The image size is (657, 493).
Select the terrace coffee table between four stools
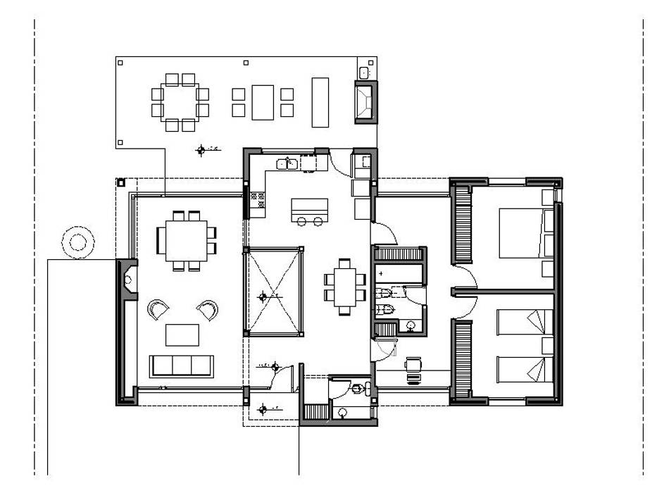(x=263, y=102)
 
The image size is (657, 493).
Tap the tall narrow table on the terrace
(x=320, y=102)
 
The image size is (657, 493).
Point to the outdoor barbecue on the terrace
(x=365, y=101)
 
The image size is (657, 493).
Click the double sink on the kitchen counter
(x=286, y=164)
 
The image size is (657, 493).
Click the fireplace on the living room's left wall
(x=127, y=280)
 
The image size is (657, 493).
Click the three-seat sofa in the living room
(x=181, y=366)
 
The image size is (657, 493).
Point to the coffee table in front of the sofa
(x=182, y=334)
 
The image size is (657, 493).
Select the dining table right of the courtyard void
(x=345, y=285)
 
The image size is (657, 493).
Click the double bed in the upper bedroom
(x=523, y=233)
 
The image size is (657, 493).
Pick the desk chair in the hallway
(x=413, y=364)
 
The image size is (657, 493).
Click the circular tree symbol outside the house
(x=76, y=242)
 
